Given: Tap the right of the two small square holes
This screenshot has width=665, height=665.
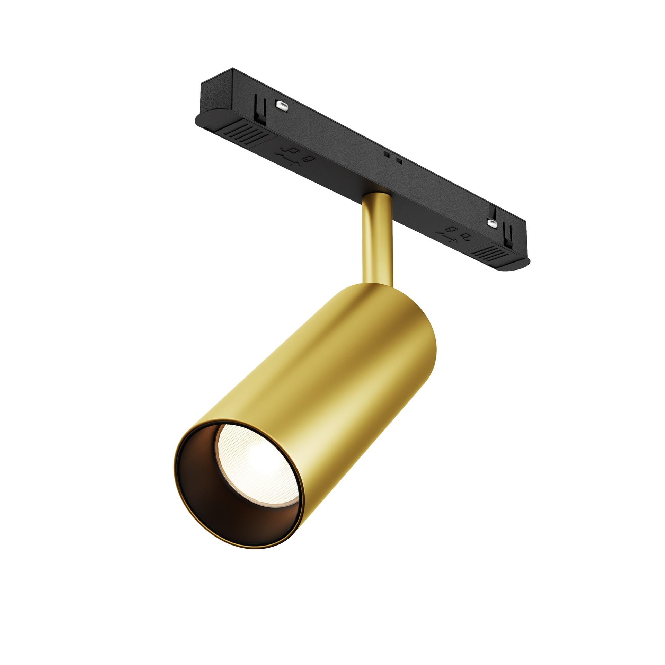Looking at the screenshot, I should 399,161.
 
